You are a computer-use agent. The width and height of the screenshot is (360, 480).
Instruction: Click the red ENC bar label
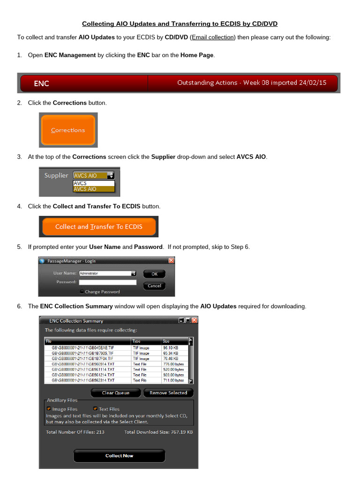pos(41,83)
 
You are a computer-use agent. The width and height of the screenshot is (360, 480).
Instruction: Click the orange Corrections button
pos(68,130)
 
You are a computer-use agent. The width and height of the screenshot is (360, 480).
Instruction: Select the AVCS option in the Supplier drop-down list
pos(80,183)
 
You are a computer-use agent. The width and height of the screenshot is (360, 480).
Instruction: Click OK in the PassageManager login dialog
pos(154,274)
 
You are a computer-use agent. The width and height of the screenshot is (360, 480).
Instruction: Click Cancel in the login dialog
pos(154,285)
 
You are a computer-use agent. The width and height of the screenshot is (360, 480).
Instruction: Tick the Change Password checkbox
pos(82,292)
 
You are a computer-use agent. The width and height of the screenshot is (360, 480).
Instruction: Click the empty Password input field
pos(107,282)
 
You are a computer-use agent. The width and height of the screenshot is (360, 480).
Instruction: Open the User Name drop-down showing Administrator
pos(134,273)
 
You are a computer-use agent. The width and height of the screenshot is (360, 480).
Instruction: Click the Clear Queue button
pos(115,393)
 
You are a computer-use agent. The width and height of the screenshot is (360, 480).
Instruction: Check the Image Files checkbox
pos(49,409)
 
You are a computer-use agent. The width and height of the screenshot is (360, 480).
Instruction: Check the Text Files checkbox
pos(95,409)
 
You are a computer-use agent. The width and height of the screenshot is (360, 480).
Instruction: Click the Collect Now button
pos(119,456)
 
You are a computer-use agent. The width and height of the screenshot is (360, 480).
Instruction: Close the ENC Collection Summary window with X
pos(195,321)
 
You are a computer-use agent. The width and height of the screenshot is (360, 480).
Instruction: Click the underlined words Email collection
pos(212,37)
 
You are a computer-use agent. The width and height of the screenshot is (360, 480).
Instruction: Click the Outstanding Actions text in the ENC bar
pos(251,83)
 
